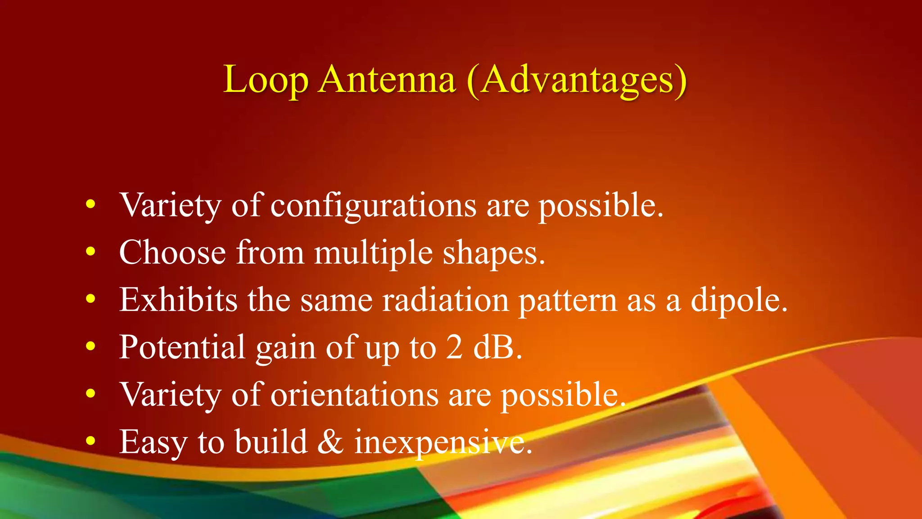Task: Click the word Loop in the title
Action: [266, 80]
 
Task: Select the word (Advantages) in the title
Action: [577, 80]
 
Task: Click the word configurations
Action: [373, 206]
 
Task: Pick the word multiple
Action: [373, 253]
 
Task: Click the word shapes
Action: [493, 253]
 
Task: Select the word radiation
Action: [445, 300]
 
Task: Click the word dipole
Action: [739, 300]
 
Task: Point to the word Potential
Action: [182, 347]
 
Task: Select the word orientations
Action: [354, 395]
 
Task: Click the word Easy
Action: [153, 442]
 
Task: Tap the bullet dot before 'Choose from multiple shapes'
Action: [91, 252]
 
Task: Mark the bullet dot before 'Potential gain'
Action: [91, 346]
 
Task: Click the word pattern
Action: [568, 301]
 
